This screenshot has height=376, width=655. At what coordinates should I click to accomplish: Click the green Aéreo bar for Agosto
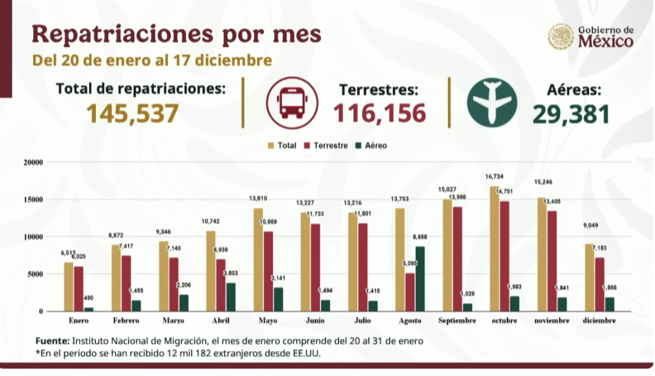pos(420,279)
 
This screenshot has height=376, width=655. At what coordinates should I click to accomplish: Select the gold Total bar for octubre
pos(494,249)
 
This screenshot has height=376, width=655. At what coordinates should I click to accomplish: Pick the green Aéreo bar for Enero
pos(89,309)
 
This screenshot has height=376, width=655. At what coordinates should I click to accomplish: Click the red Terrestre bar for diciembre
pos(599,284)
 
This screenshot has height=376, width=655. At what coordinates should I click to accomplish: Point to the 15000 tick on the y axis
pos(33,199)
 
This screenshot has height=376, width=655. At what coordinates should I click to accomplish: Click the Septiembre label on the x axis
pos(457,321)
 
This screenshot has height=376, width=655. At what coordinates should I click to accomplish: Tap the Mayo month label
pos(268,321)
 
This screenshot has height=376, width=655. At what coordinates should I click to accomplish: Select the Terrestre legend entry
pos(326,145)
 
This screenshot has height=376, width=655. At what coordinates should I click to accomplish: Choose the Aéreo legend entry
pos(371,145)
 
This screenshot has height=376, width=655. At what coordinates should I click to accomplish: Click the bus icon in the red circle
pos(292,102)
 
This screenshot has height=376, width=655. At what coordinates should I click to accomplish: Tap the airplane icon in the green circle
pos(492,102)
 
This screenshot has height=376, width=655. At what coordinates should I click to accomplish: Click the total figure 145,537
pos(132,113)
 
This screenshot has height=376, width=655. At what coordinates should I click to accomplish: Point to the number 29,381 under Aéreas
pos(571,114)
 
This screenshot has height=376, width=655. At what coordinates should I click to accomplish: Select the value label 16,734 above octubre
pos(494,177)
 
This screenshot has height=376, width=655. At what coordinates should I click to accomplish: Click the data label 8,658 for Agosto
pos(420,237)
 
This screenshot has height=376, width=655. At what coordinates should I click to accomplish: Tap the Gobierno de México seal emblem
pos(560,37)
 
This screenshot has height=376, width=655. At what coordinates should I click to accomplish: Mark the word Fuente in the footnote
pos(52,341)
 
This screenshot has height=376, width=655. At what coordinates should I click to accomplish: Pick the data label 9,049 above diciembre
pos(590,225)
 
